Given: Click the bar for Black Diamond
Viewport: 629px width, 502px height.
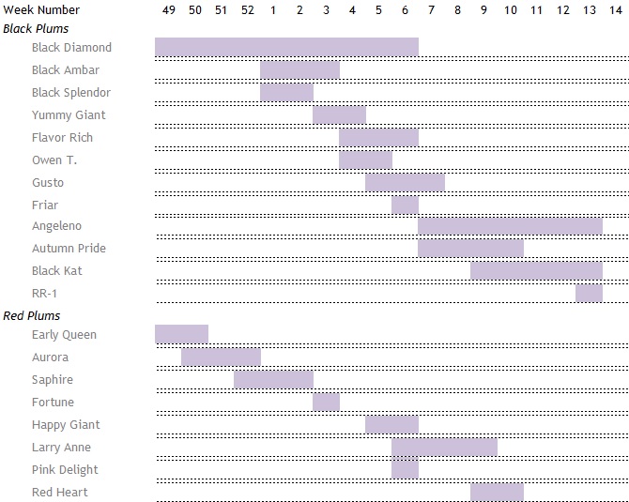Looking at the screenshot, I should point(286,47).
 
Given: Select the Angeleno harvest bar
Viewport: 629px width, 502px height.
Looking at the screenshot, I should point(510,225).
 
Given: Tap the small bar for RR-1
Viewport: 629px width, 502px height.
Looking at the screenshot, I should point(589,293).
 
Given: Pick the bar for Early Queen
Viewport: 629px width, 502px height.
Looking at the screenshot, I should point(181,334).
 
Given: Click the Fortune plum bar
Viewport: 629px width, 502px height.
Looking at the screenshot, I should point(326,402).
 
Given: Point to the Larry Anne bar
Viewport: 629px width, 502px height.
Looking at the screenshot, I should point(444,447).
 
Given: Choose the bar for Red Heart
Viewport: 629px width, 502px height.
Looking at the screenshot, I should point(497,492).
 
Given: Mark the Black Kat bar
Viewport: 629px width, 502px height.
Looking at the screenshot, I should point(536,270).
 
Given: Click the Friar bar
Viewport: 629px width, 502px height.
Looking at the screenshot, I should point(405,205).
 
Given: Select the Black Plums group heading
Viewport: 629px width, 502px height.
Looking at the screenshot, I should point(36,28).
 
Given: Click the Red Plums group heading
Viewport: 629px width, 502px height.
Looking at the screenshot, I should point(32,315).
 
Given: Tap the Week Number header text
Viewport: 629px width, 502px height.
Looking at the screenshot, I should point(41,9).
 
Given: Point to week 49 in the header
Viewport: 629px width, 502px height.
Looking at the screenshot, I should point(169,9).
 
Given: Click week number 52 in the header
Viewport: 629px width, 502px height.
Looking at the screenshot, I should point(247,9).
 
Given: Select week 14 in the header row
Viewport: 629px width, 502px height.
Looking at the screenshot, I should point(615,9).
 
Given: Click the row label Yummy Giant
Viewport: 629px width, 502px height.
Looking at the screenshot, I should point(69,114).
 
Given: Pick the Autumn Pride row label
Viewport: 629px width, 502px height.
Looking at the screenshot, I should point(69,248).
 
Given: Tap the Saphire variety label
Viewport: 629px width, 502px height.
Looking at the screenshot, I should point(52,379).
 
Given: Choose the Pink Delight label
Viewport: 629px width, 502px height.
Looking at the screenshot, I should point(65,469).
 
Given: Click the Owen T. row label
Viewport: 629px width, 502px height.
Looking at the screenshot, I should point(54,160).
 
